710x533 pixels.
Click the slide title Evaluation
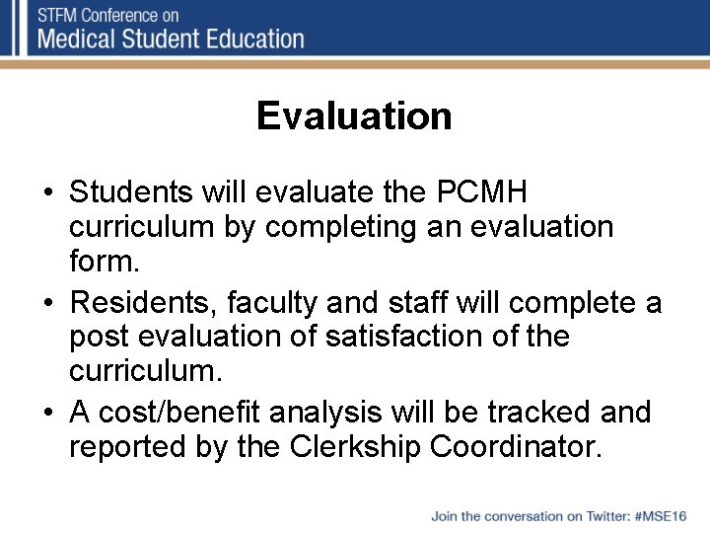point(354,116)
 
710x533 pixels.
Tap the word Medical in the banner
point(84,39)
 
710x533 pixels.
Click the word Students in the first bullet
point(133,190)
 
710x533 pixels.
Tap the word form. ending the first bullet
point(102,263)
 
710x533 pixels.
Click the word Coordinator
point(532,447)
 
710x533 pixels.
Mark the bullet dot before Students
point(47,190)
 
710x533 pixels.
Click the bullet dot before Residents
point(47,301)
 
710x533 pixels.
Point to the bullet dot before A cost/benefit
point(47,412)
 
